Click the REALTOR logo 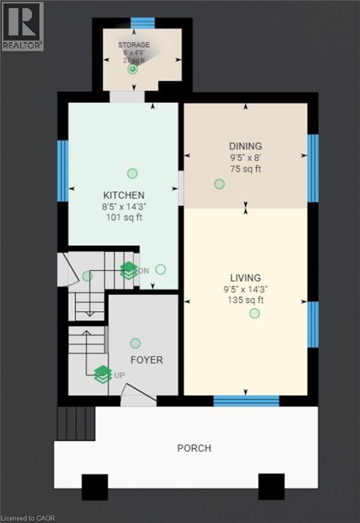(22, 26)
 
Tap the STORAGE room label (134, 45)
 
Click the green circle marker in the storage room (133, 69)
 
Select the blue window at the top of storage (143, 22)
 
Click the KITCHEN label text (124, 195)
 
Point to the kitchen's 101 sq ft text (124, 218)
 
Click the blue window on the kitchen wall (63, 170)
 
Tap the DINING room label (245, 146)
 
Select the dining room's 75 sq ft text (245, 169)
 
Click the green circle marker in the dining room (219, 184)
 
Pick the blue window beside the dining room (312, 168)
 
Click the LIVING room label (245, 278)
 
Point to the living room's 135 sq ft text (245, 300)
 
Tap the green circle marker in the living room (255, 313)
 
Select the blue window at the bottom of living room (246, 400)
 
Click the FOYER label (146, 360)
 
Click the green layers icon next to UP (103, 374)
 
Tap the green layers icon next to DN (129, 270)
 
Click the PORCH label (194, 448)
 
